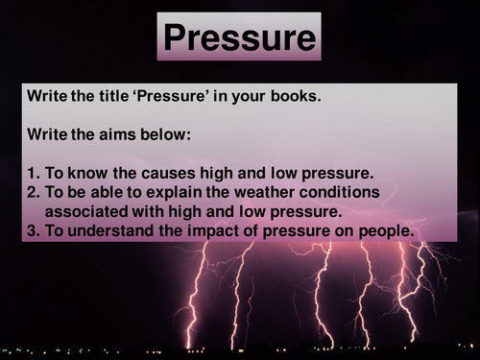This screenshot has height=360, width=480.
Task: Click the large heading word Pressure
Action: (x=239, y=36)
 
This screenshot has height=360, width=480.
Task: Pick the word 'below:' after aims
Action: (x=164, y=135)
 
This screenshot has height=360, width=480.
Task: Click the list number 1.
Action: (x=31, y=174)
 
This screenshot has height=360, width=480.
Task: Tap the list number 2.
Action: (x=31, y=193)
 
